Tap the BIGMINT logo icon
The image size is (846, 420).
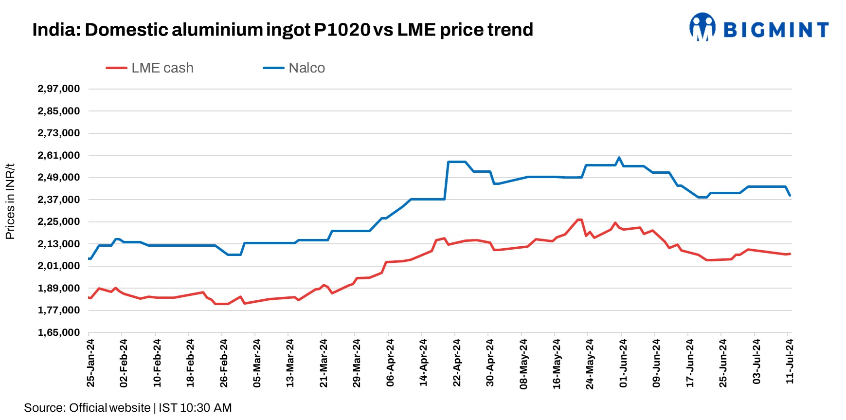(x=702, y=27)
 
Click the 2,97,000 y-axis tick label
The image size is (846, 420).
(x=58, y=89)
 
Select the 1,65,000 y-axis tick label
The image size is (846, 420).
(x=58, y=332)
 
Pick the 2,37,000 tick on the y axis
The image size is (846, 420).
(x=58, y=200)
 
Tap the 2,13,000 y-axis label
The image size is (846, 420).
(x=58, y=244)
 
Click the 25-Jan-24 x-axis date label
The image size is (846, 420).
(x=90, y=363)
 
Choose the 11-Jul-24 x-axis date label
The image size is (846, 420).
(x=790, y=361)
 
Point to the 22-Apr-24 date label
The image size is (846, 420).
(x=457, y=363)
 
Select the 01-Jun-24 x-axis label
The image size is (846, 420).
(x=623, y=363)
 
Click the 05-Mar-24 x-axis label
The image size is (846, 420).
(x=257, y=363)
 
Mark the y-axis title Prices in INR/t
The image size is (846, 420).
(x=10, y=201)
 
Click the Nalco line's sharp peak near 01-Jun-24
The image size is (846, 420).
(x=619, y=158)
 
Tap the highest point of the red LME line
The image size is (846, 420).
(x=579, y=219)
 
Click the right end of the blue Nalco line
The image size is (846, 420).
(x=790, y=196)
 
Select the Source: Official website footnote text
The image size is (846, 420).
(x=87, y=408)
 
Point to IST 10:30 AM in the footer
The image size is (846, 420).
(x=195, y=408)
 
